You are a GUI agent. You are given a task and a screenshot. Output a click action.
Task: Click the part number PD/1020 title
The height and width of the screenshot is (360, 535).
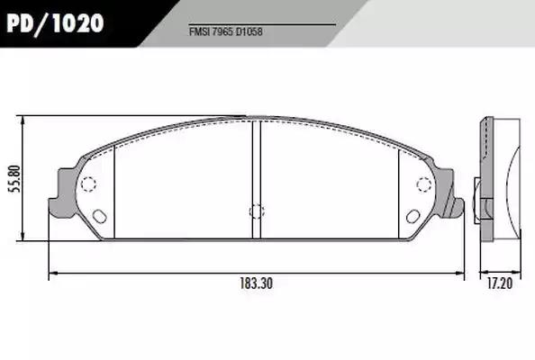55,23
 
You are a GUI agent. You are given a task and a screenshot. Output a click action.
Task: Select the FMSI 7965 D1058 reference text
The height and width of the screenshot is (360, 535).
225,32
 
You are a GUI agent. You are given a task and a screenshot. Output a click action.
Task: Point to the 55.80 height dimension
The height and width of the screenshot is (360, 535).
15,179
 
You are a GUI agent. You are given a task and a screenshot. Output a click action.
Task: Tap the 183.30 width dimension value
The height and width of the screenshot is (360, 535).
257,283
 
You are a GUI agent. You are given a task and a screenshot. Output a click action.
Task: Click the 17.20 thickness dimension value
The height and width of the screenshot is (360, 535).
500,283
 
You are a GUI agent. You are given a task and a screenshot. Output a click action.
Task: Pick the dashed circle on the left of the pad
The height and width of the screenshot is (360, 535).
88,184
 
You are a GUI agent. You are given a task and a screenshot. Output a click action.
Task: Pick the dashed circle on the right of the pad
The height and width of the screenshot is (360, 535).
424,184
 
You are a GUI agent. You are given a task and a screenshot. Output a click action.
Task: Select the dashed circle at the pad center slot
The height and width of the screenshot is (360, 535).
257,211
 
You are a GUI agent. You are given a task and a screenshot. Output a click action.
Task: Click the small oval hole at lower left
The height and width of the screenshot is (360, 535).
100,216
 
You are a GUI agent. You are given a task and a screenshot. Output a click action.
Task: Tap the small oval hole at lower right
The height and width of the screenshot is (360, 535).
413,216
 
